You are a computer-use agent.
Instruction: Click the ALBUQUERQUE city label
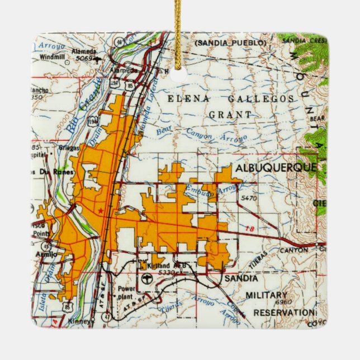276,168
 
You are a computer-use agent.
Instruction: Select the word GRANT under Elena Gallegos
230,115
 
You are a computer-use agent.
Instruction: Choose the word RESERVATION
283,312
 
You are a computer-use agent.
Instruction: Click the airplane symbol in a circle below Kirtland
146,278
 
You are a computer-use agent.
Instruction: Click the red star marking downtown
100,211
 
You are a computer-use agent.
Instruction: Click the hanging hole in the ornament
179,75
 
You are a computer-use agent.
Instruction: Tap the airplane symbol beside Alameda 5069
98,58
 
